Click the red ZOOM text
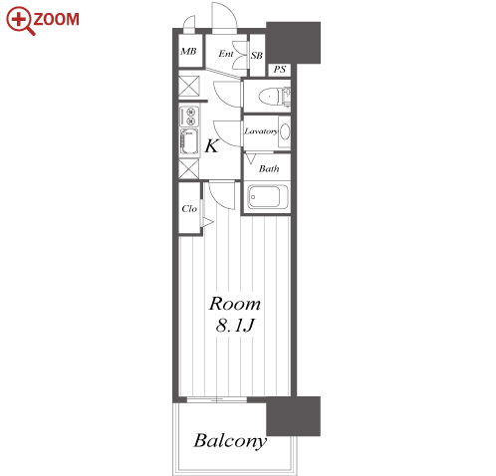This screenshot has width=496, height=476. pos(57,19)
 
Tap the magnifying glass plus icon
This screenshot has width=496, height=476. pos(21,21)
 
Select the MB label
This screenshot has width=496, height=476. pos(188,52)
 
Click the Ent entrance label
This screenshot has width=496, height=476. pos(226,54)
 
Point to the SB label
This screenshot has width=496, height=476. pos(257,56)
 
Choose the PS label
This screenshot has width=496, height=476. pos(280,70)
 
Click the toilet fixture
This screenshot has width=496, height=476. pos(274,97)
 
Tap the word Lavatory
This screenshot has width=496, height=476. pos(261,131)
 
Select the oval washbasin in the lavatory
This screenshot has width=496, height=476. pos(285,131)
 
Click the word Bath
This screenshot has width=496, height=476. pos(269,169)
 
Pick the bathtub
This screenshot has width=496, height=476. pos(268,197)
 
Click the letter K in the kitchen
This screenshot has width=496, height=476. pos(212,145)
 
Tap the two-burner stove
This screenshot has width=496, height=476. pos(189,117)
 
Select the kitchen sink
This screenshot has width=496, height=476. pos(189,142)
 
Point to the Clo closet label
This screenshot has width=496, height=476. pos(189,209)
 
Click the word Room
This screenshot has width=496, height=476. pos(235,304)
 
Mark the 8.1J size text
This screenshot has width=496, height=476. pos(235,326)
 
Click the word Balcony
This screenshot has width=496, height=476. pos(230,441)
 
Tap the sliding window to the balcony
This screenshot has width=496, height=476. pos(216,399)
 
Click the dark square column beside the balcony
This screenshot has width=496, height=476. pos(294,416)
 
